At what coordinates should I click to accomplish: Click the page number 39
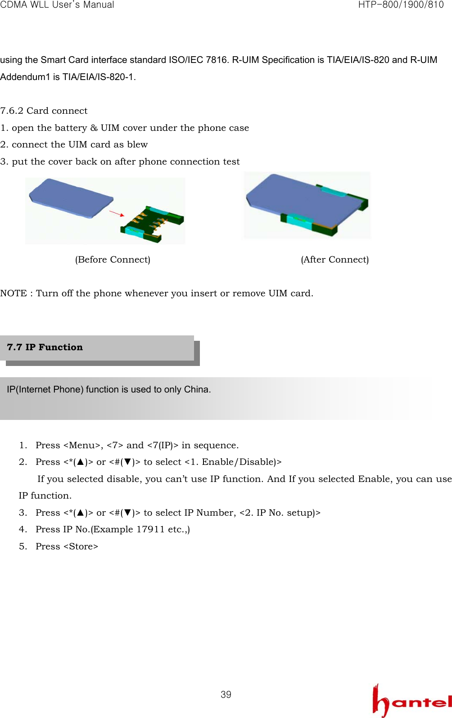coord(226,695)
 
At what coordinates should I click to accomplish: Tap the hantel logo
coord(411,701)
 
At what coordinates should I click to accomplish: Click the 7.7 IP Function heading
coord(45,347)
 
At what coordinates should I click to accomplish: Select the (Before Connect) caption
coord(113,259)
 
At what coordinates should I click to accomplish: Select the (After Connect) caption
coord(334,259)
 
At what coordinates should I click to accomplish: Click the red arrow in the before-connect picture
coord(117,213)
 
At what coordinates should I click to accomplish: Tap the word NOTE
coord(14,293)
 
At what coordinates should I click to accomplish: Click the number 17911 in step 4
coord(150,529)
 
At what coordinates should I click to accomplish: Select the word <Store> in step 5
coord(81,546)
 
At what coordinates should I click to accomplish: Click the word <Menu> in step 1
coord(82,445)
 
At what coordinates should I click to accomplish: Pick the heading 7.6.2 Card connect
coord(44,111)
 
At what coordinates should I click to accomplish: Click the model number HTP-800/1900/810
coord(401,5)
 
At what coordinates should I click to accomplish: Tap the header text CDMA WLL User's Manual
coord(57,5)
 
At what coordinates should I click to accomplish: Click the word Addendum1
coord(25,77)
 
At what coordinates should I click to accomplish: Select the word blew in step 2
coord(137,144)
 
